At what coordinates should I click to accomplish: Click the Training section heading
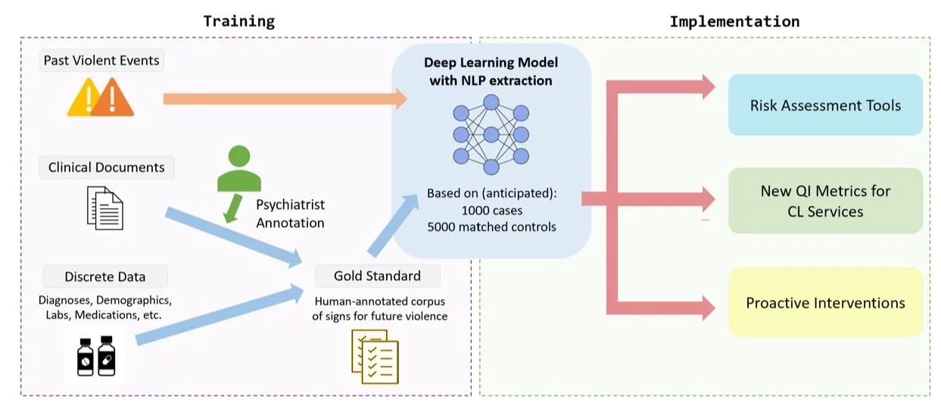pos(238,21)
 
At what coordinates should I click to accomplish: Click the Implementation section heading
pos(734,21)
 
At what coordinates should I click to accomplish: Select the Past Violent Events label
pos(101,61)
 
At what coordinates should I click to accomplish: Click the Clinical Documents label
pos(106,167)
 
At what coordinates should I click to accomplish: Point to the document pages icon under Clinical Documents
pos(105,208)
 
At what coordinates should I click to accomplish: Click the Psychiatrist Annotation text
pos(290,214)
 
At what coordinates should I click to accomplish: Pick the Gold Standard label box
pos(377,276)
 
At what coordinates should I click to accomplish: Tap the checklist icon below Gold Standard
pos(375,356)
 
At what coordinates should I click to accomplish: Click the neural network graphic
pos(491,134)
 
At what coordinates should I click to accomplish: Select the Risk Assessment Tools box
pos(825,105)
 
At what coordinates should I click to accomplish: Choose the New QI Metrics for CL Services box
pos(825,201)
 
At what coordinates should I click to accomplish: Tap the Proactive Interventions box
pos(825,303)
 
